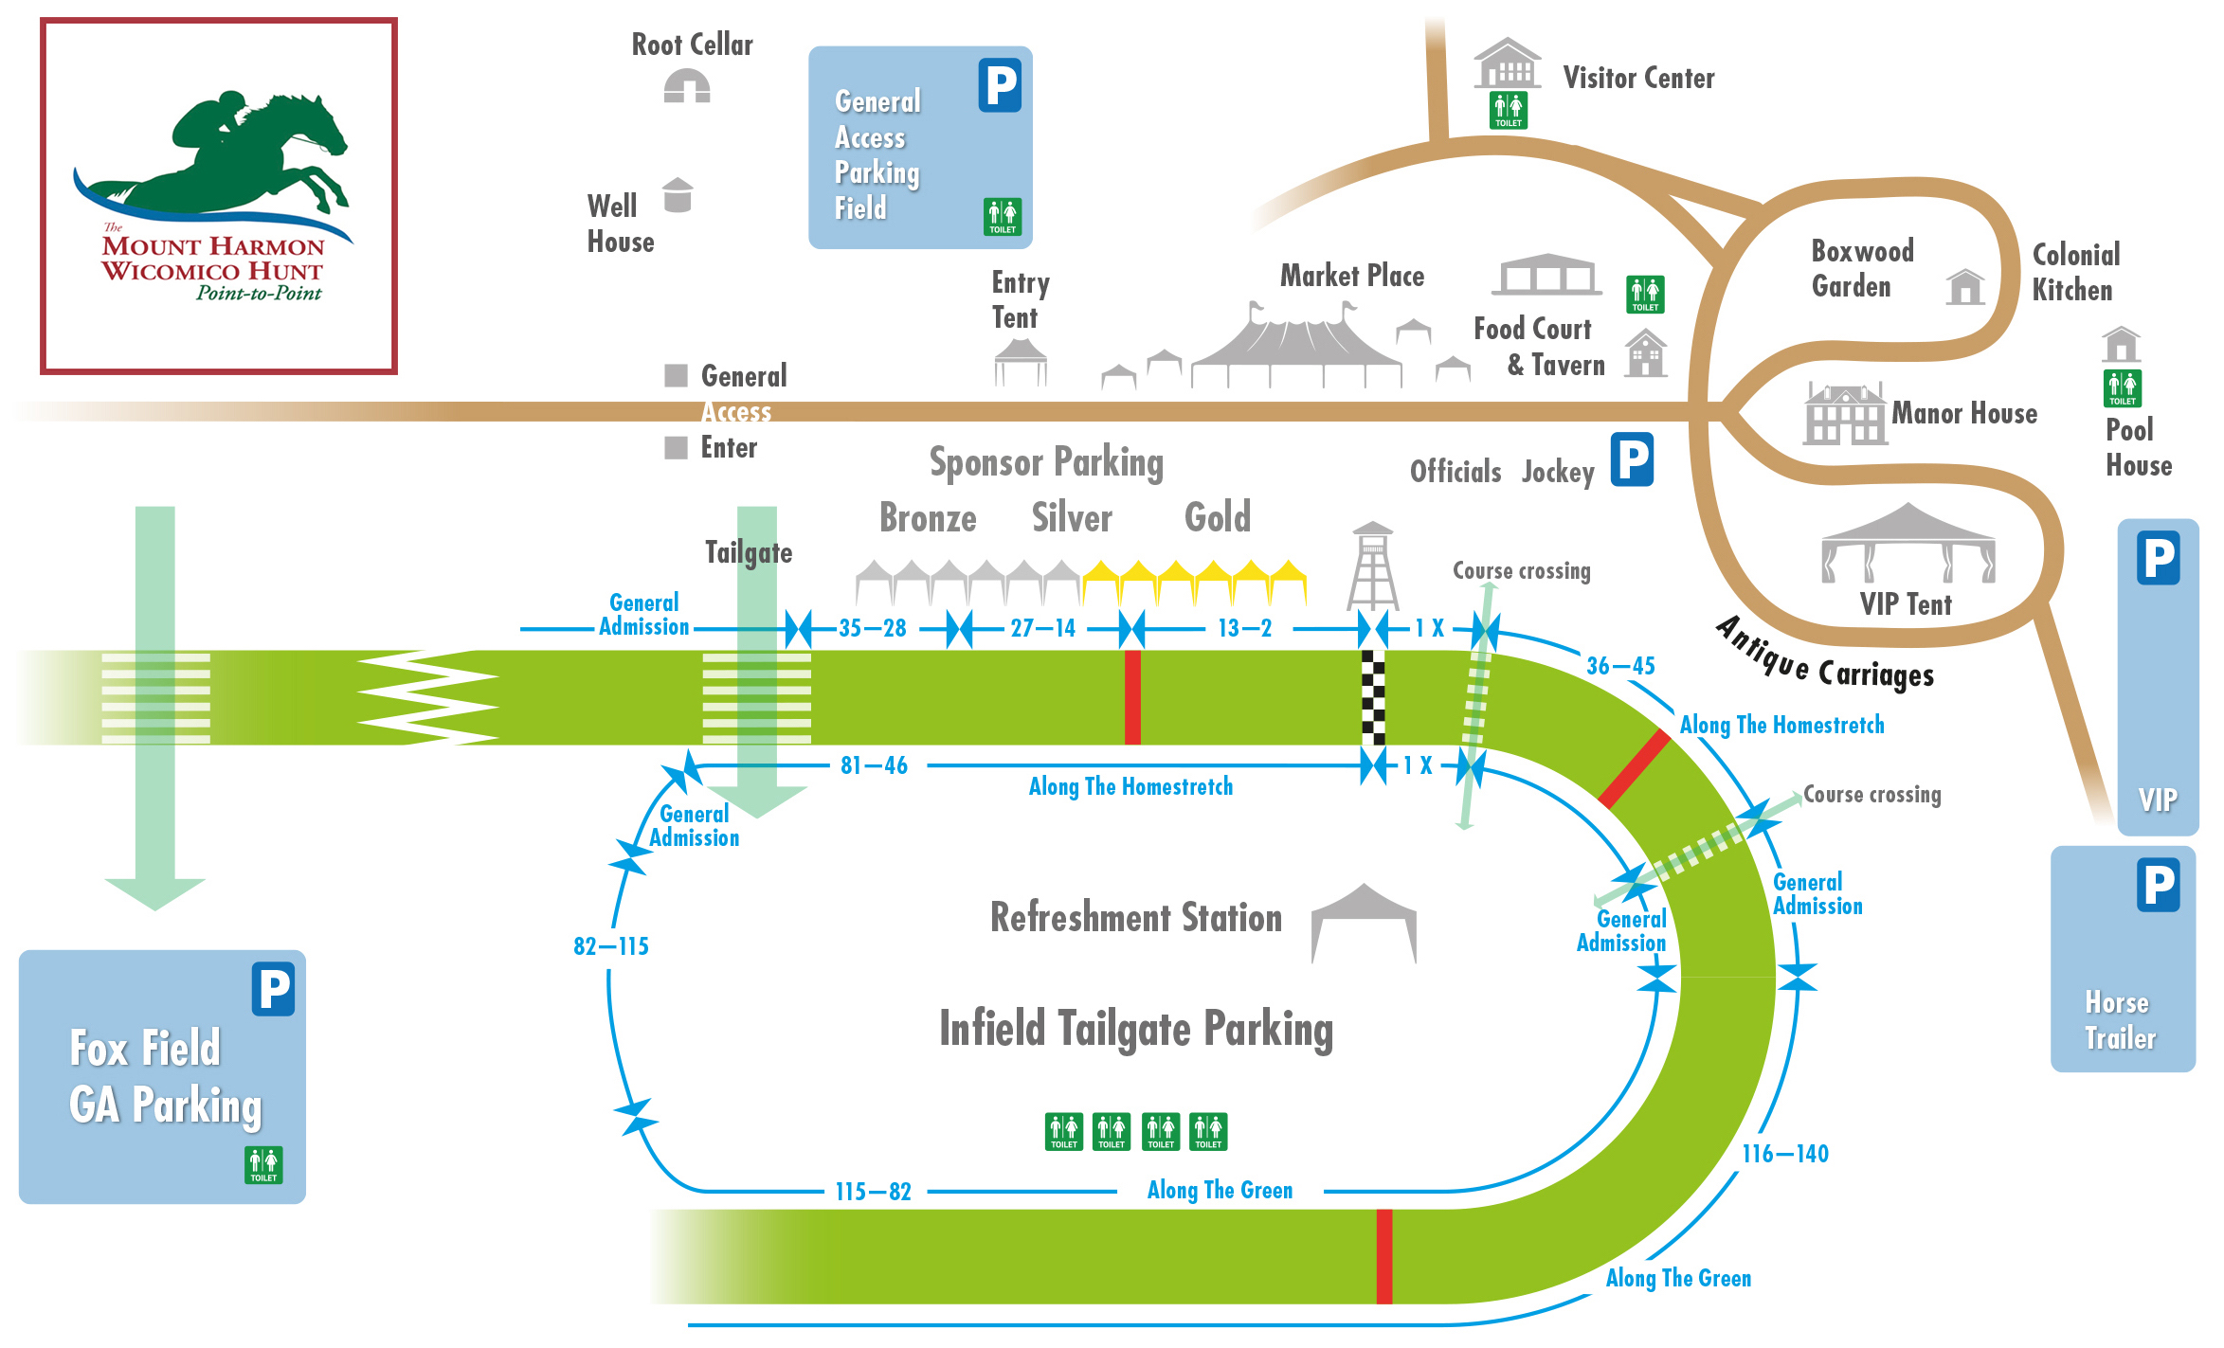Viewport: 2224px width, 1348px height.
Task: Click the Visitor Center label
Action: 1638,78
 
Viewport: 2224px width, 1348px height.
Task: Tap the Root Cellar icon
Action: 687,87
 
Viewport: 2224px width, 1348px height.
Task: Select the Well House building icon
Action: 678,195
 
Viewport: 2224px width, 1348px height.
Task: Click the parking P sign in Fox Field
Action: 273,989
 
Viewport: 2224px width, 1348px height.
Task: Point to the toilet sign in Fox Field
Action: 263,1164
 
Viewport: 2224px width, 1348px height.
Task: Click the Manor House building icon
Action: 1843,414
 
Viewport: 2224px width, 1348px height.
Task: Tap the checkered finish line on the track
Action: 1373,697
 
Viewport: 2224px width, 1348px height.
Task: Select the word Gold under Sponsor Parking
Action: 1218,517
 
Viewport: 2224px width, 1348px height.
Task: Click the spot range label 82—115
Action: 611,946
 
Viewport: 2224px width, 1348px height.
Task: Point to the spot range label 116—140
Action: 1785,1154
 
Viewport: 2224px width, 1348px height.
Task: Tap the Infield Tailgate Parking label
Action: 1136,1029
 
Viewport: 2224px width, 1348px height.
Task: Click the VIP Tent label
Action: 1906,604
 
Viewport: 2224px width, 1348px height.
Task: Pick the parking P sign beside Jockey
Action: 1632,459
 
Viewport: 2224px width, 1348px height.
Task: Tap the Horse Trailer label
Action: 2120,1020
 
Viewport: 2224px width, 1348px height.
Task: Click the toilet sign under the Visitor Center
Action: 1508,110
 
